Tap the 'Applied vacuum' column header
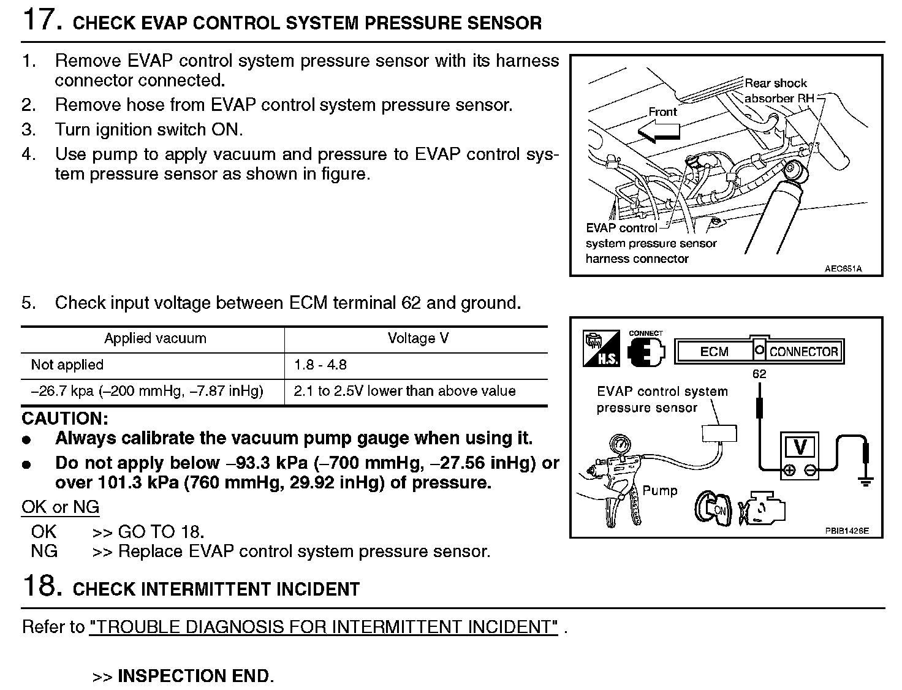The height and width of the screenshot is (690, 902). [x=155, y=338]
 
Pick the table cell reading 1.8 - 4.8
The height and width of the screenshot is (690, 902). [x=320, y=365]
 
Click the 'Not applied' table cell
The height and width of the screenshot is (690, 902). [x=67, y=365]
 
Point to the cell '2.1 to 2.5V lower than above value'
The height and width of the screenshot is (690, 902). [x=404, y=392]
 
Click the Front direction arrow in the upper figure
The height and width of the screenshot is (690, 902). [x=658, y=131]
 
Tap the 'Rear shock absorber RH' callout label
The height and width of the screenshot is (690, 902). [x=776, y=91]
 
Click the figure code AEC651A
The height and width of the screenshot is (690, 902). [x=843, y=268]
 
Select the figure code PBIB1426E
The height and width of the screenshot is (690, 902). [x=846, y=531]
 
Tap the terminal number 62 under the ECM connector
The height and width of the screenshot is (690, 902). [x=759, y=374]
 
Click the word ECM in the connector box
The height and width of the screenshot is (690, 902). [x=714, y=352]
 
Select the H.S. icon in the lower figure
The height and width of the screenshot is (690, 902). [x=601, y=349]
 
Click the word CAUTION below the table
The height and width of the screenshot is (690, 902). [x=65, y=419]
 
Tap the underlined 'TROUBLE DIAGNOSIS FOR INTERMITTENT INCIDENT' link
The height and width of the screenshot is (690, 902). [x=324, y=627]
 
